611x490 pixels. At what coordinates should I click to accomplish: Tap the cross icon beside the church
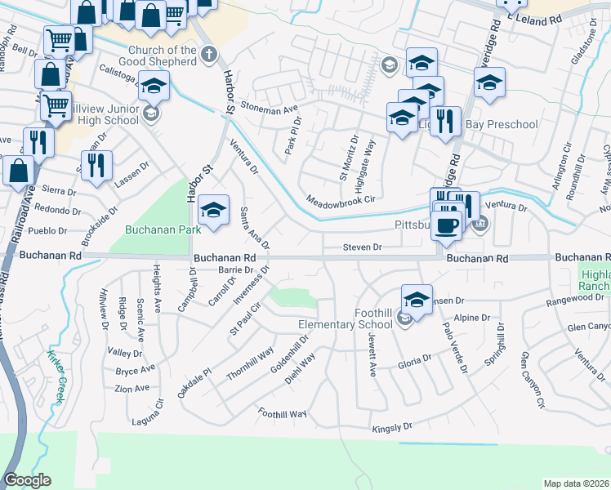[x=209, y=56]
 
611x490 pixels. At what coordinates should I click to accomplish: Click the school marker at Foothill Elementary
[x=417, y=301]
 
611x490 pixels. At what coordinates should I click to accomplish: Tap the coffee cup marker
[x=446, y=225]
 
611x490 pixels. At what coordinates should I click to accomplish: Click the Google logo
[x=27, y=480]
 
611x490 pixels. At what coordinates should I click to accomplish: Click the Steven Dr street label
[x=362, y=247]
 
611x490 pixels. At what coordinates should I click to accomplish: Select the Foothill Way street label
[x=282, y=413]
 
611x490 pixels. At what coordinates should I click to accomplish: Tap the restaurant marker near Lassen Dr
[x=96, y=165]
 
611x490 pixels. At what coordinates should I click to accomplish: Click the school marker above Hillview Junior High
[x=154, y=86]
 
